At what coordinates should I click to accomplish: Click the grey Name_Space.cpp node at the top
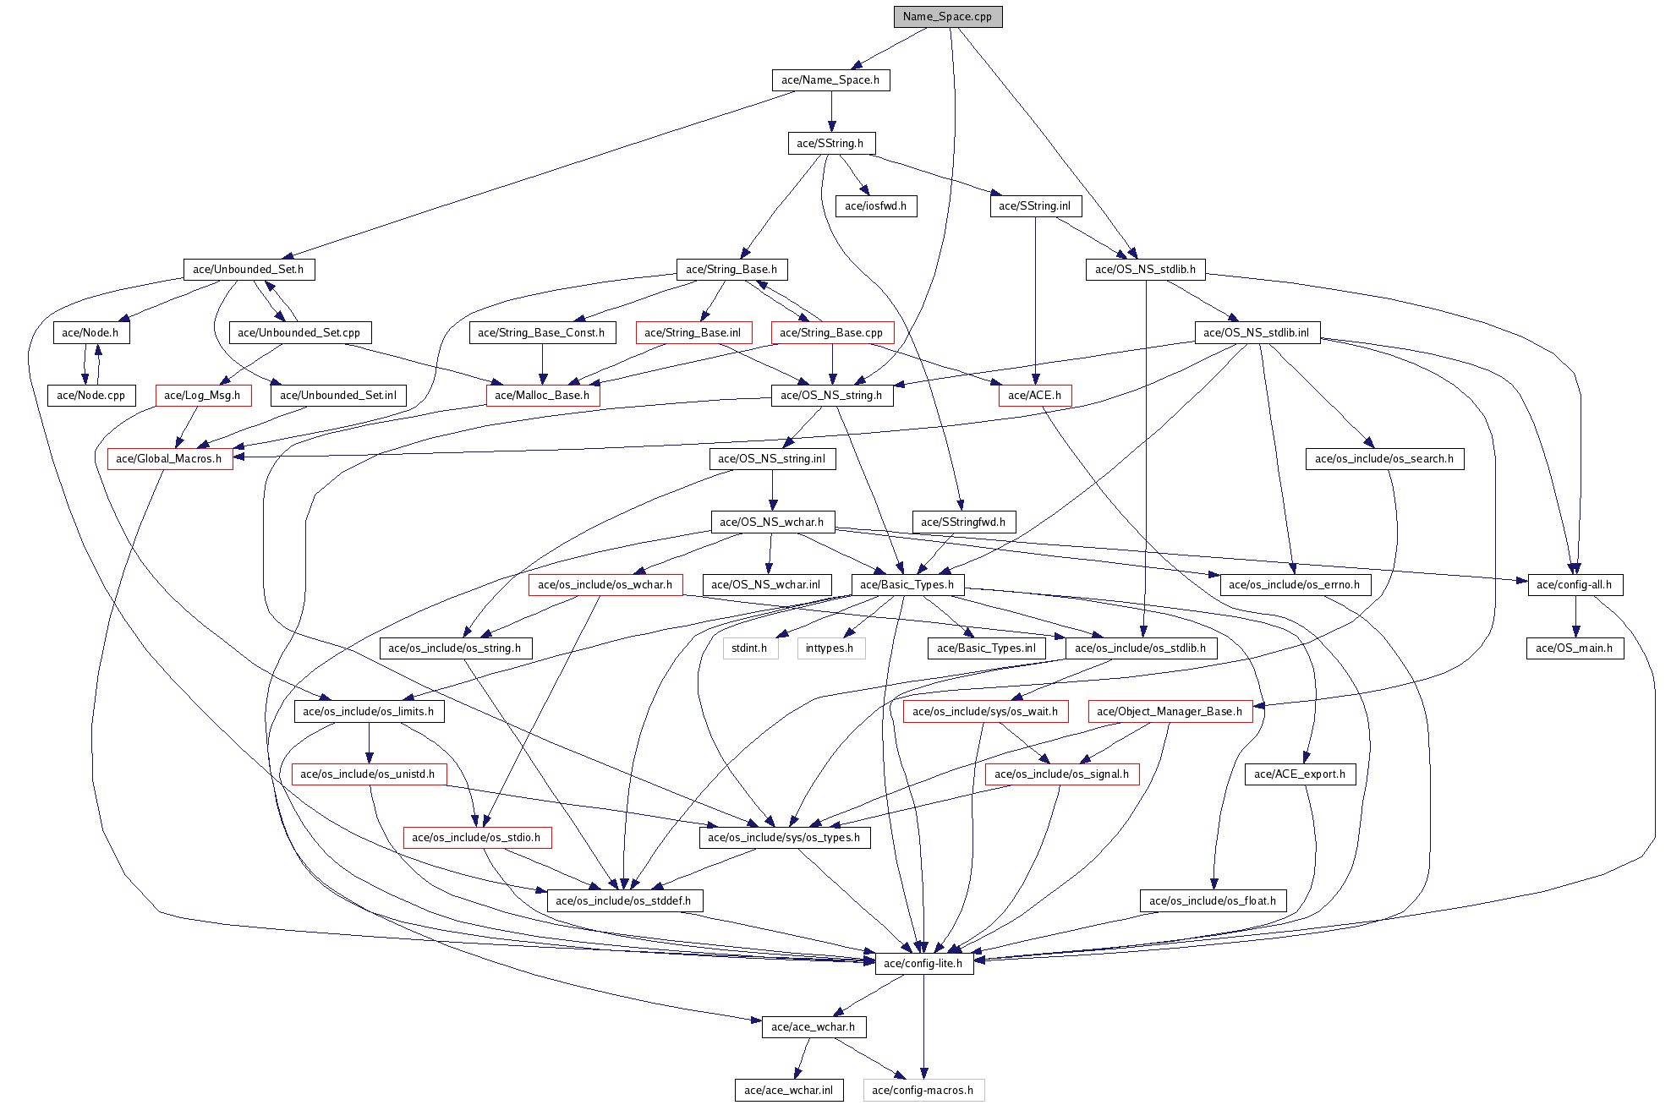coord(947,17)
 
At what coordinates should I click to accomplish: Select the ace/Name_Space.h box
coord(830,80)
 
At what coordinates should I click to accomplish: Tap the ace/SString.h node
coord(830,144)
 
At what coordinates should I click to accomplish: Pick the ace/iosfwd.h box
coord(875,206)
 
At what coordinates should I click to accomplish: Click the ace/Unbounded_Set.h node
coord(249,270)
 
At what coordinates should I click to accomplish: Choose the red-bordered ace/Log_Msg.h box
coord(202,396)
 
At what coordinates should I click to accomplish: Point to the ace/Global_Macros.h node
coord(169,459)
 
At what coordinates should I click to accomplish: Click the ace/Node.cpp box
coord(90,396)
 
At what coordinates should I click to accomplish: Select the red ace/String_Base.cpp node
coord(831,333)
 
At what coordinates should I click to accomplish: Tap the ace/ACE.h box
coord(1034,396)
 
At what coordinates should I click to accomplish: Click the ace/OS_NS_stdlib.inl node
coord(1256,333)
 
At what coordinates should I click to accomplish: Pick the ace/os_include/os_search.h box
coord(1384,459)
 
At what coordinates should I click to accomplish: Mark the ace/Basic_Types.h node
coord(907,585)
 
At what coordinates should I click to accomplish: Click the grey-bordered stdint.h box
coord(749,648)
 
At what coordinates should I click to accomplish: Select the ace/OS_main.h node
coord(1574,648)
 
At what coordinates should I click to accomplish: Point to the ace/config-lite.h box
coord(923,964)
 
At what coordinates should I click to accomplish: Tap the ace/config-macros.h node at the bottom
coord(923,1091)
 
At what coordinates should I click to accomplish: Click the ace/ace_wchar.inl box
coord(788,1091)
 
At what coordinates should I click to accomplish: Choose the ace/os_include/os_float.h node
coord(1213,901)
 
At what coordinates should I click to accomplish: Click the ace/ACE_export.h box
coord(1300,774)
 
